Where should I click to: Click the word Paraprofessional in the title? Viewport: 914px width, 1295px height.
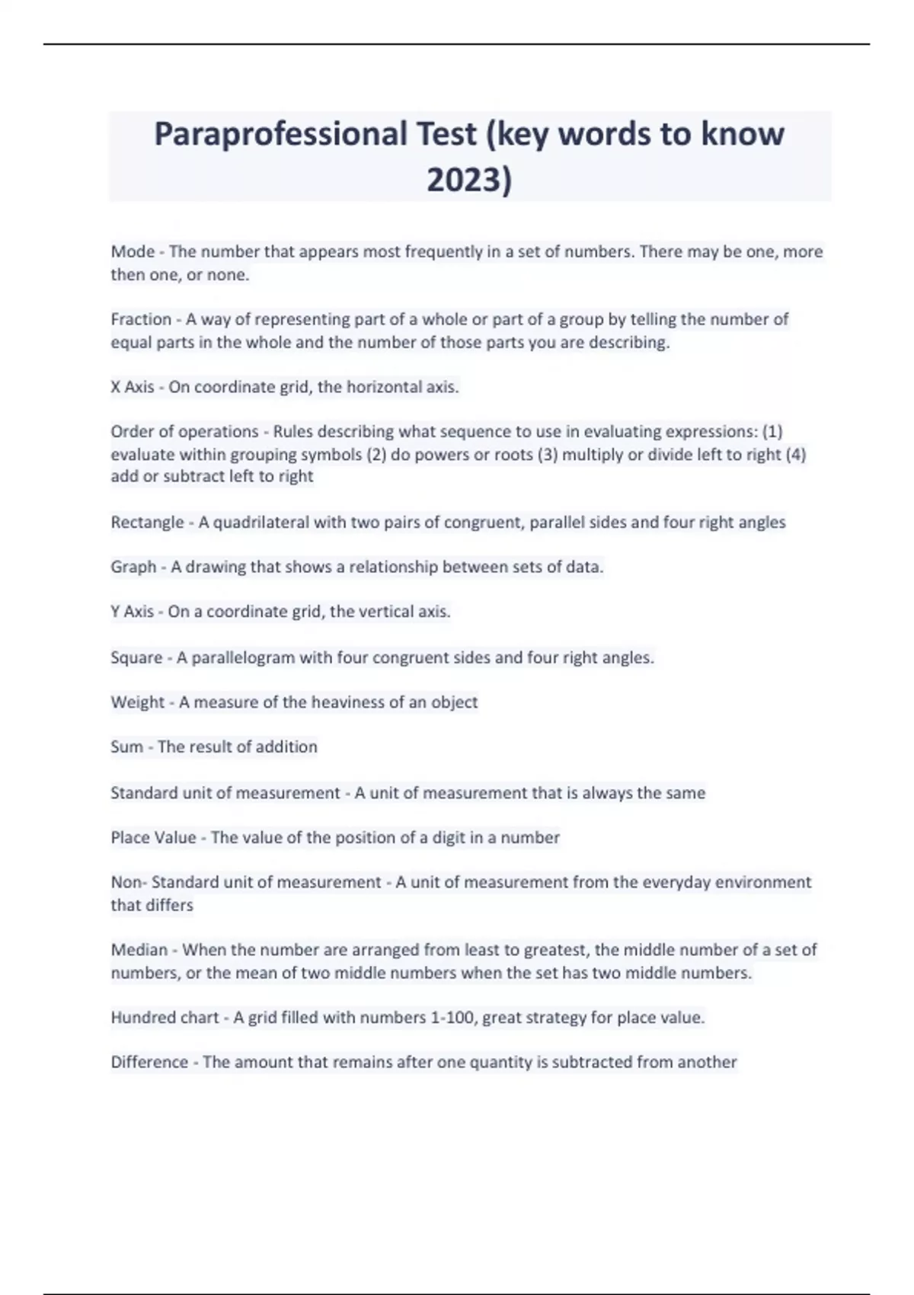[280, 135]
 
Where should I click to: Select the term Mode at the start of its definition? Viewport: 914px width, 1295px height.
[133, 251]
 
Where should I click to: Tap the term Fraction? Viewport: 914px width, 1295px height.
[141, 319]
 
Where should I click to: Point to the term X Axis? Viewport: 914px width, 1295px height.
[133, 387]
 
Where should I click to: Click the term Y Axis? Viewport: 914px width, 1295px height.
[133, 612]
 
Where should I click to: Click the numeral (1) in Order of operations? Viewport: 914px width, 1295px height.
[772, 432]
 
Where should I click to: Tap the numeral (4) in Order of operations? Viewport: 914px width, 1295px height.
[795, 455]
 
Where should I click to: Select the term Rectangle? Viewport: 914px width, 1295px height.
[147, 523]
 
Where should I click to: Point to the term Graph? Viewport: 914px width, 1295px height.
[133, 567]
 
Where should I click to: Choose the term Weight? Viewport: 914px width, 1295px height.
[137, 702]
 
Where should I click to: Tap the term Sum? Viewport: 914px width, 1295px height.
[126, 747]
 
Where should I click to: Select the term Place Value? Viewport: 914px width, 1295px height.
[153, 838]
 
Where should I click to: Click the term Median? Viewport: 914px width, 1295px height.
[139, 950]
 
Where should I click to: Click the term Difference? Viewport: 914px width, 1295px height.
[149, 1062]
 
